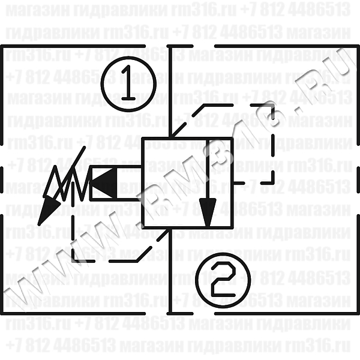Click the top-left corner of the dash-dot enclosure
point(5,46)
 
